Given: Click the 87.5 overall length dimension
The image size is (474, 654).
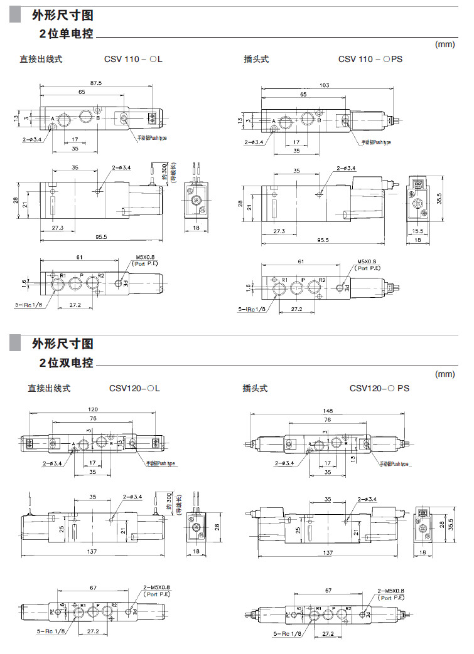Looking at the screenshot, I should [96, 82].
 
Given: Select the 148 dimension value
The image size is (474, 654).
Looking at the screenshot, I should [328, 411].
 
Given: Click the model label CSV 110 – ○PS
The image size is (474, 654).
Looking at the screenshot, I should [370, 59].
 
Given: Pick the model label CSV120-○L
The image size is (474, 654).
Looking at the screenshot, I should [135, 388].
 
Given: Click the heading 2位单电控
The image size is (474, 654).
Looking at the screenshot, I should [66, 34].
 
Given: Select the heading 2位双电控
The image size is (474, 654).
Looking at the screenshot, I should [66, 362].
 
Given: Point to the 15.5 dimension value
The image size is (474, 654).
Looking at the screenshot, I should [417, 231].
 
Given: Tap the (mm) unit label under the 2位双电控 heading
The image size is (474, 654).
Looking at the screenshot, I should [444, 374].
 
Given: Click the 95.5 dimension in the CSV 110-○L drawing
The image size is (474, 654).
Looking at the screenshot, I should [101, 237].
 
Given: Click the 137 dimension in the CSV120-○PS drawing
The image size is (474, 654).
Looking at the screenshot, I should [328, 552].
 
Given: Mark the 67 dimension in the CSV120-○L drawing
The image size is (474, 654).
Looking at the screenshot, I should [92, 588].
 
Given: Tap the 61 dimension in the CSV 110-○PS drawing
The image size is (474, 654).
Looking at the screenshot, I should [301, 261].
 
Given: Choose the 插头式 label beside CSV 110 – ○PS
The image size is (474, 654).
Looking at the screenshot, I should [256, 59].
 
